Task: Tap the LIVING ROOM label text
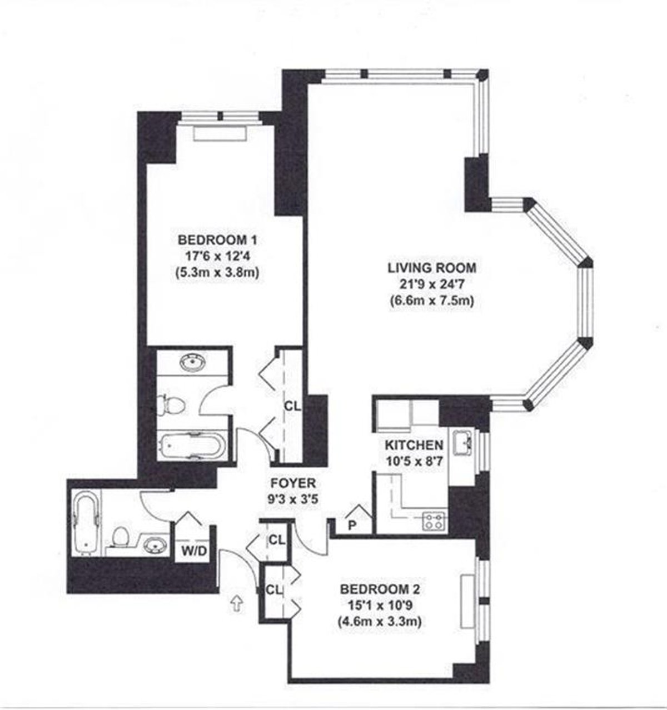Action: [432, 268]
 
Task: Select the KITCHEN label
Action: [414, 445]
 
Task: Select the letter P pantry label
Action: [352, 525]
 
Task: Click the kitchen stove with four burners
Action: [435, 521]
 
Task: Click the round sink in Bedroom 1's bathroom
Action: [192, 363]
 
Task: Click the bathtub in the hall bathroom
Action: [86, 522]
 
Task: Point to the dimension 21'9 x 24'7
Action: [432, 284]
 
